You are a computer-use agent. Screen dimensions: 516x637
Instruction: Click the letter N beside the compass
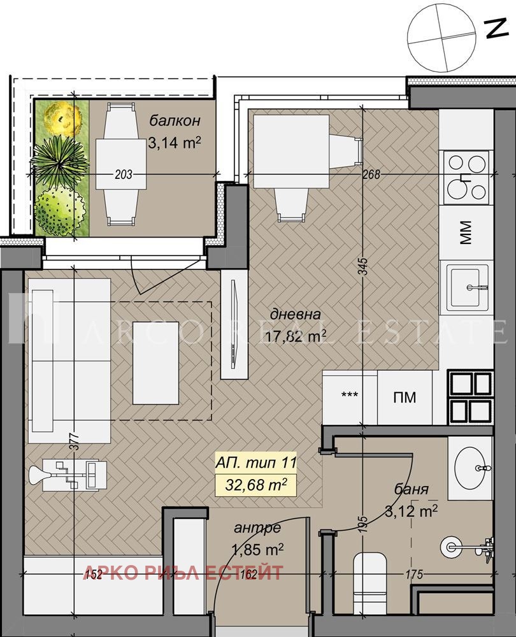click(x=496, y=29)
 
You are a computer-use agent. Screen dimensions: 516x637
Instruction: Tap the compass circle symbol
click(x=441, y=38)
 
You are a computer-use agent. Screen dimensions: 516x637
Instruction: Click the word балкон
click(x=175, y=120)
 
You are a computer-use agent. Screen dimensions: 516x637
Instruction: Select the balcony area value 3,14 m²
click(x=175, y=143)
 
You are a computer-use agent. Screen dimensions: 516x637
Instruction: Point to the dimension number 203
click(x=124, y=175)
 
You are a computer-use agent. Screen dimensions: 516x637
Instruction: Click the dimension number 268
click(x=371, y=175)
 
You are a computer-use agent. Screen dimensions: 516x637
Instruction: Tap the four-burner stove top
click(x=467, y=177)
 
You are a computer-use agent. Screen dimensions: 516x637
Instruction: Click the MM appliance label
click(x=466, y=233)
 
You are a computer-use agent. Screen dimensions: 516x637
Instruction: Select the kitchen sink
click(x=468, y=287)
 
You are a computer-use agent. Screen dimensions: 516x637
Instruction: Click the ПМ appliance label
click(x=405, y=397)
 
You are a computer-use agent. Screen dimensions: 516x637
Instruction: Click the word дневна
click(x=296, y=314)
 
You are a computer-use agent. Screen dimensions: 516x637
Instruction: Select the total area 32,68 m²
click(x=256, y=485)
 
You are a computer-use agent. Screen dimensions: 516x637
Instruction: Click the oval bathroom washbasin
click(x=469, y=467)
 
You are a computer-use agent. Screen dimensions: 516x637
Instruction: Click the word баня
click(x=411, y=489)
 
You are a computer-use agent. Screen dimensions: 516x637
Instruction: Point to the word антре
click(x=257, y=527)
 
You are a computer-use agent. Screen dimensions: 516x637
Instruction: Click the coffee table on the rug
click(x=155, y=363)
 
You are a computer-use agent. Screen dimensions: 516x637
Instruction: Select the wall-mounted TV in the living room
click(x=233, y=324)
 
